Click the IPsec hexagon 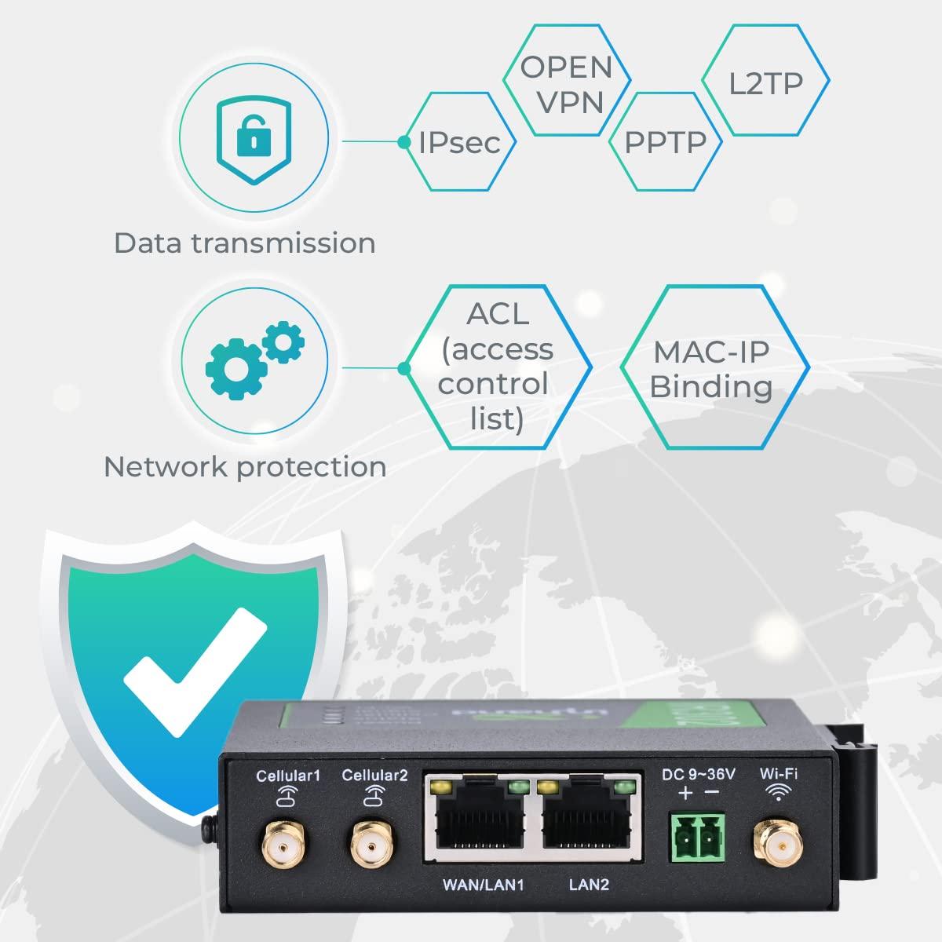pyautogui.click(x=460, y=142)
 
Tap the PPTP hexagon pyautogui.click(x=665, y=142)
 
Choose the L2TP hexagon pyautogui.click(x=765, y=82)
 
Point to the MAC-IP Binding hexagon pyautogui.click(x=713, y=368)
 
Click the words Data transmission pyautogui.click(x=245, y=243)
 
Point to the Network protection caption pyautogui.click(x=245, y=467)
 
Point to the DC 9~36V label pyautogui.click(x=699, y=775)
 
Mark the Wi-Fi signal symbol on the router pyautogui.click(x=778, y=794)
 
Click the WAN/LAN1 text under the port pyautogui.click(x=483, y=885)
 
